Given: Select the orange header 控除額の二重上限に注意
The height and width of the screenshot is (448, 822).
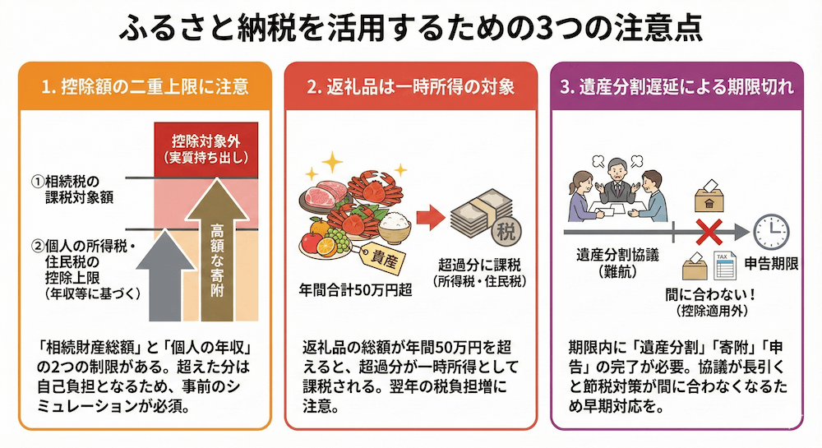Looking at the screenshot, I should [x=144, y=86].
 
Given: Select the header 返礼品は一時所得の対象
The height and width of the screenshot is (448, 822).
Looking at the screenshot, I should [x=410, y=86].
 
